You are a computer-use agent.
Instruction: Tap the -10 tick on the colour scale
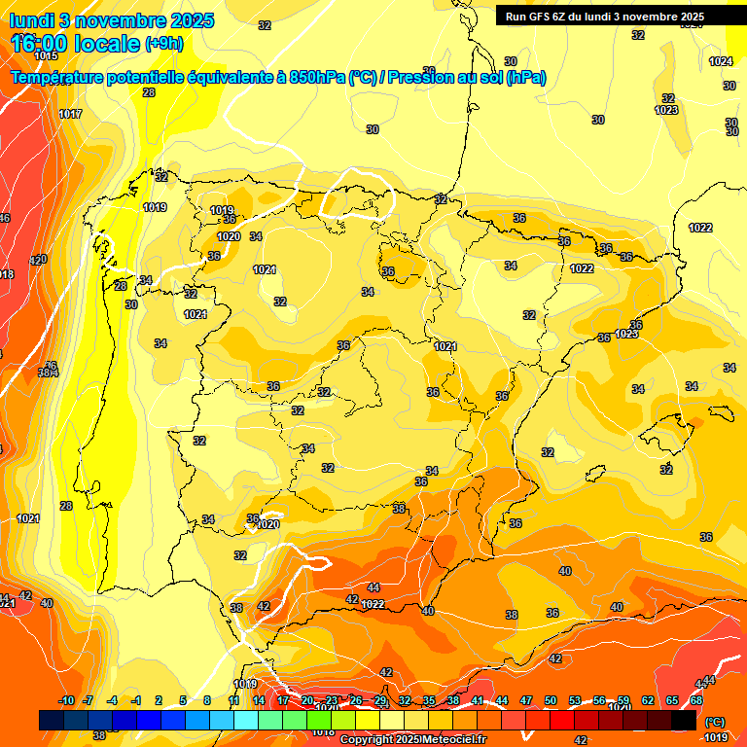(x=66, y=701)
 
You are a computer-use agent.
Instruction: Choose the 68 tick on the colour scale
(x=696, y=701)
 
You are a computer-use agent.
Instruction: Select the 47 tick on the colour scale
(x=526, y=701)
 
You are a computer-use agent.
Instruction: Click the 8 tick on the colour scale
(x=207, y=701)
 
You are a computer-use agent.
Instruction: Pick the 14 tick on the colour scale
(x=259, y=701)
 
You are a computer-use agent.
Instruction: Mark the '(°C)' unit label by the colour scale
(x=715, y=722)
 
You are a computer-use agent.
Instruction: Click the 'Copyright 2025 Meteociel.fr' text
(x=412, y=740)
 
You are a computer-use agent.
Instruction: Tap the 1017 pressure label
(x=70, y=115)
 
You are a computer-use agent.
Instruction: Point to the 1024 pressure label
(x=721, y=61)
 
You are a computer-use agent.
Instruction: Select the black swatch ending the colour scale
(x=684, y=720)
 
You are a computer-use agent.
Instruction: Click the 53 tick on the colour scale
(x=575, y=701)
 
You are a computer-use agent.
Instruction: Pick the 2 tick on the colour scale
(x=160, y=701)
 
